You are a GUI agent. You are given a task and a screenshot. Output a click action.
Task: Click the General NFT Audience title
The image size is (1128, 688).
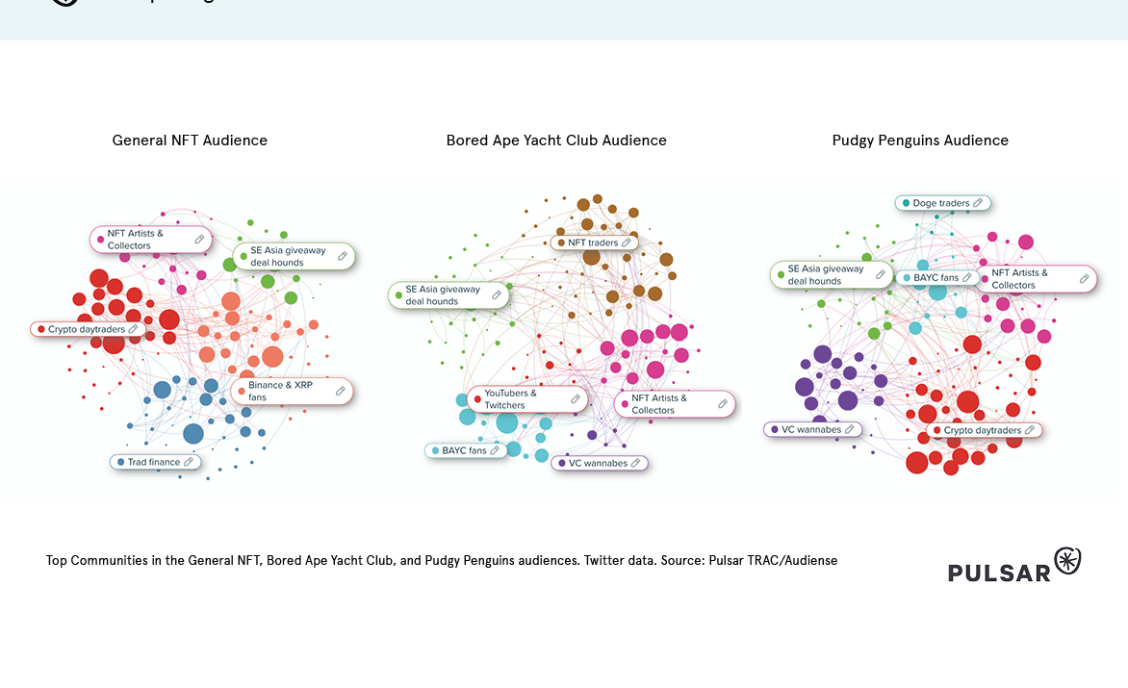(x=190, y=140)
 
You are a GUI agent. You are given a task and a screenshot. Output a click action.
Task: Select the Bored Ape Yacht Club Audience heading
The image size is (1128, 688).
(x=556, y=140)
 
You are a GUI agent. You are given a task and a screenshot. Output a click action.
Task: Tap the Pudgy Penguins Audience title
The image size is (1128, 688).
(x=920, y=140)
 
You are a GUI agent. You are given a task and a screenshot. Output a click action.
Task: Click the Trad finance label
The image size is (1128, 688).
(x=154, y=462)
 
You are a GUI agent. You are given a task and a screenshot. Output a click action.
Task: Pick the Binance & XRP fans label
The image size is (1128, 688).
(x=280, y=391)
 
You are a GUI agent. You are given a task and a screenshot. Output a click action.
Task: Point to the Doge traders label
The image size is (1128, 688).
(x=940, y=203)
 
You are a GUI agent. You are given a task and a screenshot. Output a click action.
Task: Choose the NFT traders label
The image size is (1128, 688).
(x=592, y=242)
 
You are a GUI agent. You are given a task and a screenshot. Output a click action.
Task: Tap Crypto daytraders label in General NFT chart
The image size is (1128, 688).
(x=86, y=329)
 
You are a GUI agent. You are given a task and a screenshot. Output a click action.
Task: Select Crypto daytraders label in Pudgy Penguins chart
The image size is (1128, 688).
(x=982, y=430)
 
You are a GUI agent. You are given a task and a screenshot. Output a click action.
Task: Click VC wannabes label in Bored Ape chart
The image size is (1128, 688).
(x=597, y=463)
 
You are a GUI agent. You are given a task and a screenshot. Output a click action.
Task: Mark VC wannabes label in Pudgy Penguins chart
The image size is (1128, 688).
(x=810, y=429)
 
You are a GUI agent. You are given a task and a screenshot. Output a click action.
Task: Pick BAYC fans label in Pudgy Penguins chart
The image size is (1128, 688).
(x=936, y=278)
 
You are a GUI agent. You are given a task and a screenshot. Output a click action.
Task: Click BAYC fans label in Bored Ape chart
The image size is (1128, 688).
(x=464, y=450)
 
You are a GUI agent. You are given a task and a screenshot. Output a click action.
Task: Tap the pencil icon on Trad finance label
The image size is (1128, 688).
(x=189, y=462)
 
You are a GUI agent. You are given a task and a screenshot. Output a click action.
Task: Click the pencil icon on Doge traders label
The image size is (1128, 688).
(x=978, y=203)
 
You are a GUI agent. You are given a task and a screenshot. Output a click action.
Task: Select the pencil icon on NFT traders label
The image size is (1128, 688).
(x=627, y=242)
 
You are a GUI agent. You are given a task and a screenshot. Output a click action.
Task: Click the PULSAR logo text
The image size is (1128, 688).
(x=998, y=573)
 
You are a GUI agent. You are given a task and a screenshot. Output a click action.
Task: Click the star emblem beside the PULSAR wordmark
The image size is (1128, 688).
(x=1067, y=561)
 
